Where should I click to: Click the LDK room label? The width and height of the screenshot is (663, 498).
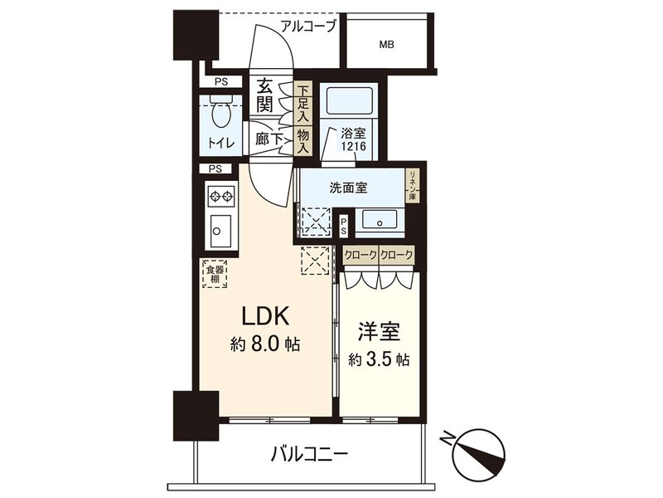tap(264, 317)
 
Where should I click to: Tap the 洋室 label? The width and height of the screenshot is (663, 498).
tap(379, 332)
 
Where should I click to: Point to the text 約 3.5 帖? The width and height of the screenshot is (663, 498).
tap(379, 360)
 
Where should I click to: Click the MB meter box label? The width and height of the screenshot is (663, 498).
tap(387, 45)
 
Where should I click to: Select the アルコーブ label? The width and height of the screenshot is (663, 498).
tap(309, 25)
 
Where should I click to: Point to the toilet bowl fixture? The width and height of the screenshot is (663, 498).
tap(220, 112)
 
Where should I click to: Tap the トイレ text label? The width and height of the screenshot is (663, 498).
tap(220, 143)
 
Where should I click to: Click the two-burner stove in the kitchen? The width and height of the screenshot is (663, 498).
tap(221, 197)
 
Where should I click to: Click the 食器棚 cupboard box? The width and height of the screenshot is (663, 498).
tap(213, 274)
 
